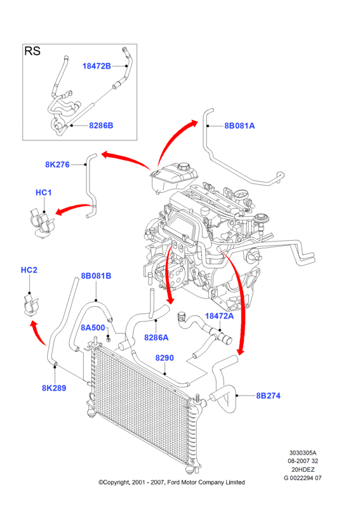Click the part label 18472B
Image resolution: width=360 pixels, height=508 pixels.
[97, 66]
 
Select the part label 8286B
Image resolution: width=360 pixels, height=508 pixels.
[101, 125]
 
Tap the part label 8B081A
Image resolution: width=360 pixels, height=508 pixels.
[239, 126]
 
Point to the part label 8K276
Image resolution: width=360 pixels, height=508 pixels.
[57, 164]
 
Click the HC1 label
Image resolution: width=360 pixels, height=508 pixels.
[43, 192]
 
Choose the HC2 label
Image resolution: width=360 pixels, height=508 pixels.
[29, 270]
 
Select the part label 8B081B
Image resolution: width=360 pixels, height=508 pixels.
[96, 276]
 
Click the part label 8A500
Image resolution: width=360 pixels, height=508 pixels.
[93, 328]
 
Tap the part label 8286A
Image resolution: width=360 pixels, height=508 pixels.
[156, 338]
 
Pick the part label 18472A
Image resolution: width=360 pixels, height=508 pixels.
[220, 316]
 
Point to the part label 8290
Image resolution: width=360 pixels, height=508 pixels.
[164, 358]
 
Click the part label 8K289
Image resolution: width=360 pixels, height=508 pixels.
[54, 388]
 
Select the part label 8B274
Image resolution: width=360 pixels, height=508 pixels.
[269, 396]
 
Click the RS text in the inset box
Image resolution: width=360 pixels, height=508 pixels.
[32, 51]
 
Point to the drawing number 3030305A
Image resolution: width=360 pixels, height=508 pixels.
[303, 453]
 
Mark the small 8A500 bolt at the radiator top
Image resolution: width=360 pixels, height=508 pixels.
[109, 340]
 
